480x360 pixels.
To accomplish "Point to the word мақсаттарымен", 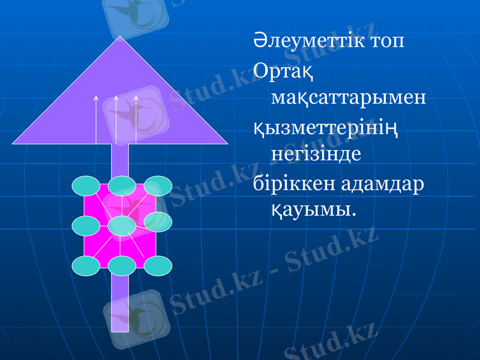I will coord(349,97).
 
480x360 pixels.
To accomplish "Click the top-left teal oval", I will coord(86,186).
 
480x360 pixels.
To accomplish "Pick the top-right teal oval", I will coord(158,186).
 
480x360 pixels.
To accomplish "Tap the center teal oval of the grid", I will coord(122,226).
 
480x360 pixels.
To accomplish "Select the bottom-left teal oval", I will coord(86,266).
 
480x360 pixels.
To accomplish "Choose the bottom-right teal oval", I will coord(158,266).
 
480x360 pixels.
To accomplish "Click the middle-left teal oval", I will coord(86,226).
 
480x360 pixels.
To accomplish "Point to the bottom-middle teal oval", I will coord(122,266).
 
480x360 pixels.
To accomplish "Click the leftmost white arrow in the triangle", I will coord(96,120).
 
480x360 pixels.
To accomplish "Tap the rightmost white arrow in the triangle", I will coord(136,120).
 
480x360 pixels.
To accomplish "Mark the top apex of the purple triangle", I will coord(121,38).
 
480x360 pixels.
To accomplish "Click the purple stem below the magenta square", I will coord(120,303).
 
